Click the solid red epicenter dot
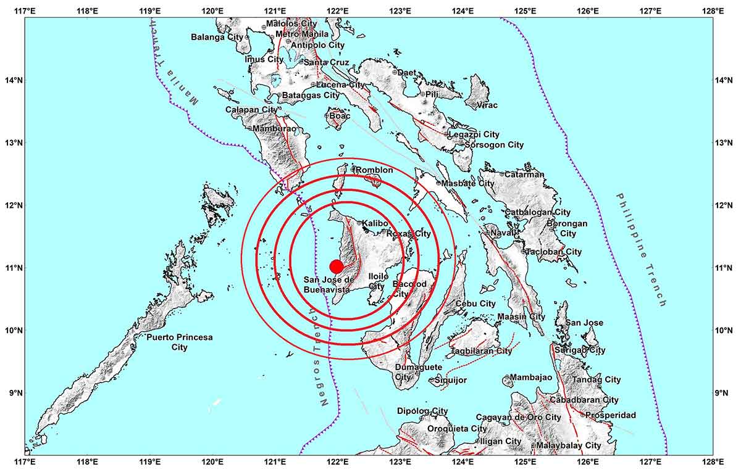click(x=337, y=266)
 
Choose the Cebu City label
click(x=475, y=304)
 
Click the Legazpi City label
click(x=474, y=134)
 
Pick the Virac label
click(x=487, y=105)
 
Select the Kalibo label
click(x=375, y=223)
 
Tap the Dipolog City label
click(x=422, y=411)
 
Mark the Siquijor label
click(x=451, y=380)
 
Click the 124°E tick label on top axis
click(x=463, y=10)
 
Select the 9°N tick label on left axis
click(x=12, y=393)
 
